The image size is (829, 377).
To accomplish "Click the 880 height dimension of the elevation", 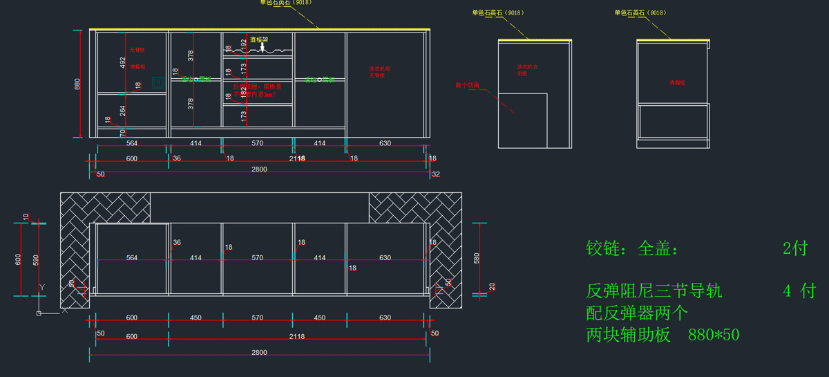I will (78, 84).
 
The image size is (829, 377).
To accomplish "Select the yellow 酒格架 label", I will (258, 40).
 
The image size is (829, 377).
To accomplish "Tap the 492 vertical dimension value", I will (123, 63).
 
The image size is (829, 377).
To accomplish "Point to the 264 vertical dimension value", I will (123, 111).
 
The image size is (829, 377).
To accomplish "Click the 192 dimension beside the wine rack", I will (243, 44).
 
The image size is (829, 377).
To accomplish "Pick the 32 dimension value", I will (435, 174).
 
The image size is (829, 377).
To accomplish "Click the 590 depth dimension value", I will (37, 260).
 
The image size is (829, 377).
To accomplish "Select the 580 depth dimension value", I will (476, 259).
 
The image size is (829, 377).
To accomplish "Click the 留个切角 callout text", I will (467, 85).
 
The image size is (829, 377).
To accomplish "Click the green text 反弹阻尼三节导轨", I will (654, 291).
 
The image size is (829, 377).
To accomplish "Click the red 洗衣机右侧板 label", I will (527, 70).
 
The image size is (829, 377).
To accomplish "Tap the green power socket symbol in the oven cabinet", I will (158, 81).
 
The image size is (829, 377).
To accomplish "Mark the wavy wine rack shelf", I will (258, 50).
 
